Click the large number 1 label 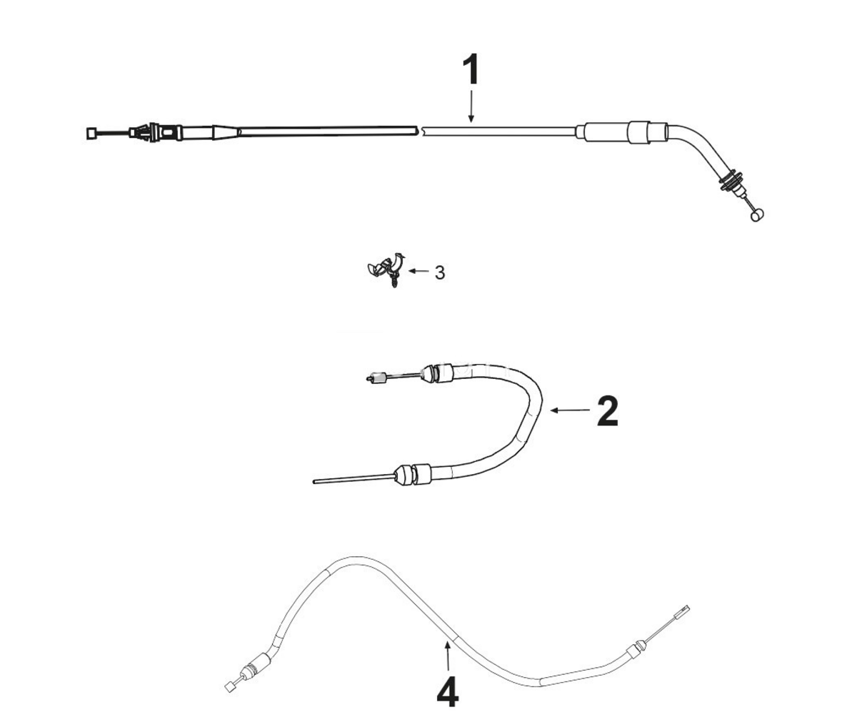tap(471, 70)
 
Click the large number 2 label tap(608, 410)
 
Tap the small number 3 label tap(440, 272)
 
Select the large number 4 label tap(447, 691)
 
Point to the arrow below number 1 tap(471, 107)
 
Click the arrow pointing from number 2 tap(570, 410)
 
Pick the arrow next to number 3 tap(419, 271)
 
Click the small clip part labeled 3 tap(386, 269)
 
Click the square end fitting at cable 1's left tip tap(92, 134)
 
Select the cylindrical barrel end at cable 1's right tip tap(757, 215)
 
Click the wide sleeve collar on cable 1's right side tap(639, 132)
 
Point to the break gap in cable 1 tap(421, 132)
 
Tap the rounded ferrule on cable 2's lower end tap(404, 474)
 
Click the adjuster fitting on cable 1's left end tap(155, 132)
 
